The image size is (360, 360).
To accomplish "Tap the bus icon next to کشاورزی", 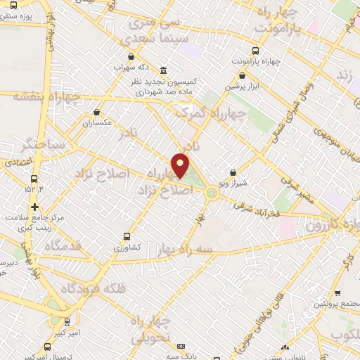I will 127,236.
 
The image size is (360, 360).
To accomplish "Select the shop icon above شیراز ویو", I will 233,172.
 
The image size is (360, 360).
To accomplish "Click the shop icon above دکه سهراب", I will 130,57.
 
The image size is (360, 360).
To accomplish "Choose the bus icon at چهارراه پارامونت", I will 255,51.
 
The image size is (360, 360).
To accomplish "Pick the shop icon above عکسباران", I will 96,112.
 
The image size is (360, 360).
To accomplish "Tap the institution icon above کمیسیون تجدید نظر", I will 164,70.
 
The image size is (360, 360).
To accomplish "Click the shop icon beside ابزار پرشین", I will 237,76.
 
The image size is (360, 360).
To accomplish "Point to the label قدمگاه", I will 63,247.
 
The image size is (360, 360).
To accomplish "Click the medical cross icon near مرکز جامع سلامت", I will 34,206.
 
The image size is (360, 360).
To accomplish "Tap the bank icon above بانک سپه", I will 181,347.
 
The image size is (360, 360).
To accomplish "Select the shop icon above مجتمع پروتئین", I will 338,293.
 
